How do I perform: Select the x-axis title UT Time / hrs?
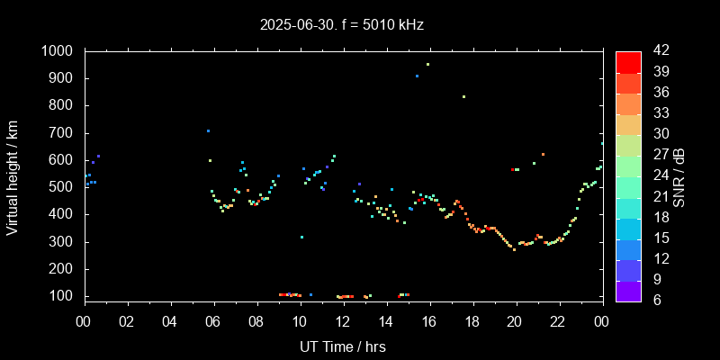(x=343, y=346)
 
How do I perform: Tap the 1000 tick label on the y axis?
(x=58, y=51)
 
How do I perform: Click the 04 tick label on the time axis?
(x=170, y=321)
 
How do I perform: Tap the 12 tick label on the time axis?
(x=343, y=321)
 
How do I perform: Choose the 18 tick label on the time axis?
(x=472, y=321)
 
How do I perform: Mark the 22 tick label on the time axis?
(x=558, y=321)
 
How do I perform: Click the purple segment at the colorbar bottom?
(x=628, y=291)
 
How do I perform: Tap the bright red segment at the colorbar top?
(x=628, y=61)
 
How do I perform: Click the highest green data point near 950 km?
(x=427, y=65)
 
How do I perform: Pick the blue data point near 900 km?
(x=417, y=76)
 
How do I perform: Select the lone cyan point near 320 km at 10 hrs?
(x=301, y=237)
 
